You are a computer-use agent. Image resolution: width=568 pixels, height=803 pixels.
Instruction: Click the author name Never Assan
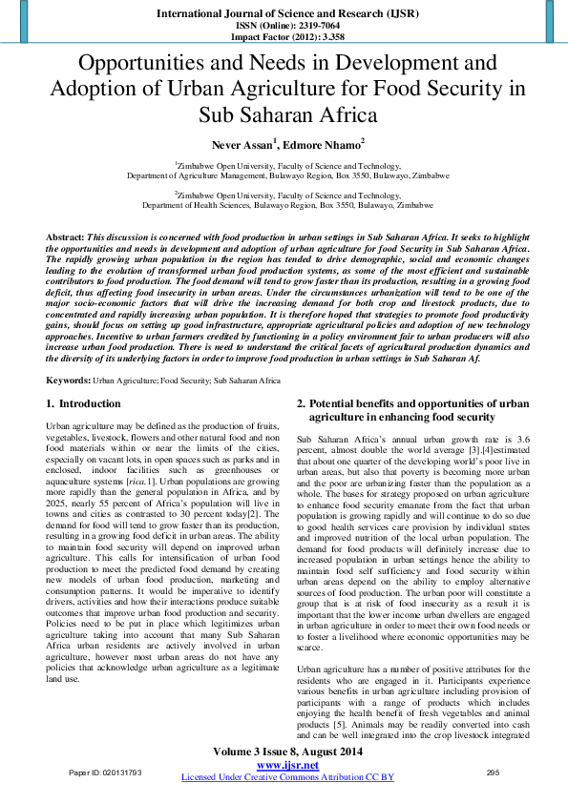(x=242, y=144)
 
